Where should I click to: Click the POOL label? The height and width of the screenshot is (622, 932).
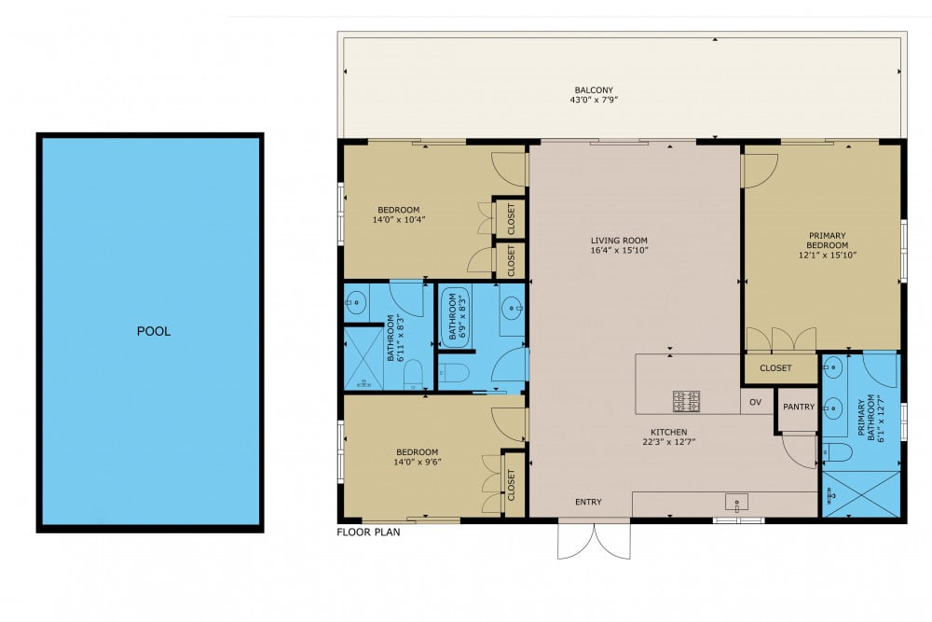tap(154, 331)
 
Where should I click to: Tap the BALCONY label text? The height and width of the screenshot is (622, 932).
tap(593, 90)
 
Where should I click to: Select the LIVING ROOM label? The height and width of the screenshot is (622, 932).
tap(619, 241)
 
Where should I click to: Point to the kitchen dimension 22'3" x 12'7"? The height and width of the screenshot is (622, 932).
tap(668, 442)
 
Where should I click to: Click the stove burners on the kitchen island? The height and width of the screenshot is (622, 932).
tap(686, 401)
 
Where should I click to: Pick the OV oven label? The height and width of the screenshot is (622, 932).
tap(755, 403)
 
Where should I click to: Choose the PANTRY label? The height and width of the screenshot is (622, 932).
tap(799, 407)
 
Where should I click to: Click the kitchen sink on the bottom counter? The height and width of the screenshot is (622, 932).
tap(736, 503)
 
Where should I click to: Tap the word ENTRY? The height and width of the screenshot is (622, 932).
tap(588, 502)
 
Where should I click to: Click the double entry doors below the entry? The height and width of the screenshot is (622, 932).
tap(594, 539)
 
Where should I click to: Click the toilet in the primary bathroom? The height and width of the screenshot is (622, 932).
tap(837, 452)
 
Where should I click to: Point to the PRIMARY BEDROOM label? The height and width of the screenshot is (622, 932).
tap(827, 241)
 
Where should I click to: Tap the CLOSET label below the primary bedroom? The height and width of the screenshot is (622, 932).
tap(775, 368)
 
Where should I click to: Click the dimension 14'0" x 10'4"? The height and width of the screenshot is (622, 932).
tap(398, 219)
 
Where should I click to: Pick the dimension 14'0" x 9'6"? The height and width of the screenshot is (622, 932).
tap(417, 462)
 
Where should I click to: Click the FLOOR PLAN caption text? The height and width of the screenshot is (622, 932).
tap(368, 532)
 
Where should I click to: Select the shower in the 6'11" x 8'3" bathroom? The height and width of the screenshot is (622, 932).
tap(363, 359)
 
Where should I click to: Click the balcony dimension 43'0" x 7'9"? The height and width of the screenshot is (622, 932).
tap(594, 100)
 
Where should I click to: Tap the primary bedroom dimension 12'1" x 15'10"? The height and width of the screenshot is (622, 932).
tap(827, 256)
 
